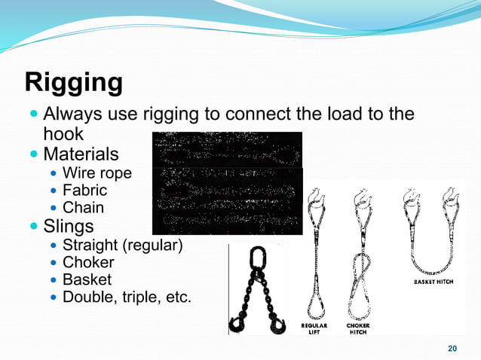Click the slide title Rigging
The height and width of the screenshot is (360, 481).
[x=74, y=82]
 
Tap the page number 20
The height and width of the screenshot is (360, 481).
[x=452, y=348]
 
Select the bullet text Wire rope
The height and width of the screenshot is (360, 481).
[x=97, y=173]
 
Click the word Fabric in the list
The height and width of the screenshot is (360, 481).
[x=84, y=191]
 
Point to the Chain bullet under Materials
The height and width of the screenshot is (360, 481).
[x=83, y=208]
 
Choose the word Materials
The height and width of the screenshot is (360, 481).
[x=81, y=154]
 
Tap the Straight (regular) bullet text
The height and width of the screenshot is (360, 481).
[x=122, y=245]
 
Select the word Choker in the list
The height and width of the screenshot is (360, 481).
[x=88, y=262]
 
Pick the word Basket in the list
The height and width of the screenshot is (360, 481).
[x=87, y=279]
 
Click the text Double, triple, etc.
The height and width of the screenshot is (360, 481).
[x=127, y=297]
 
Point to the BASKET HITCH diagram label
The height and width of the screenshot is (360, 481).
[x=434, y=282]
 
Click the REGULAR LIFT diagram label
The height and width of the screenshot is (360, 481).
[x=314, y=328]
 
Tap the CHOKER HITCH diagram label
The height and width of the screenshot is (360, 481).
[x=358, y=328]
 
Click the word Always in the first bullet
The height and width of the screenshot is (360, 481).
[x=72, y=114]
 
